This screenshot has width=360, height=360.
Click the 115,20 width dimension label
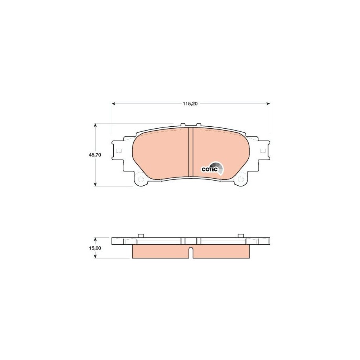pos(190,104)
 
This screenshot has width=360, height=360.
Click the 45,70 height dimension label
pos(95,155)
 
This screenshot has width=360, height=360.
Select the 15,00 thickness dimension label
pos(95,248)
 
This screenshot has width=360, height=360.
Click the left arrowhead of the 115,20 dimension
pos(113,104)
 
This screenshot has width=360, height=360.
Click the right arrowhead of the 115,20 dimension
pos(268,104)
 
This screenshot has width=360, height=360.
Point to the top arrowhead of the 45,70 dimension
pos(95,125)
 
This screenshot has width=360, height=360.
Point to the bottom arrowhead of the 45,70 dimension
pos(95,185)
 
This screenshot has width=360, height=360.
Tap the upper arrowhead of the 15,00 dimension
pos(95,239)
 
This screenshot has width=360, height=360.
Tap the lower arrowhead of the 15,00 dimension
pos(95,257)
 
